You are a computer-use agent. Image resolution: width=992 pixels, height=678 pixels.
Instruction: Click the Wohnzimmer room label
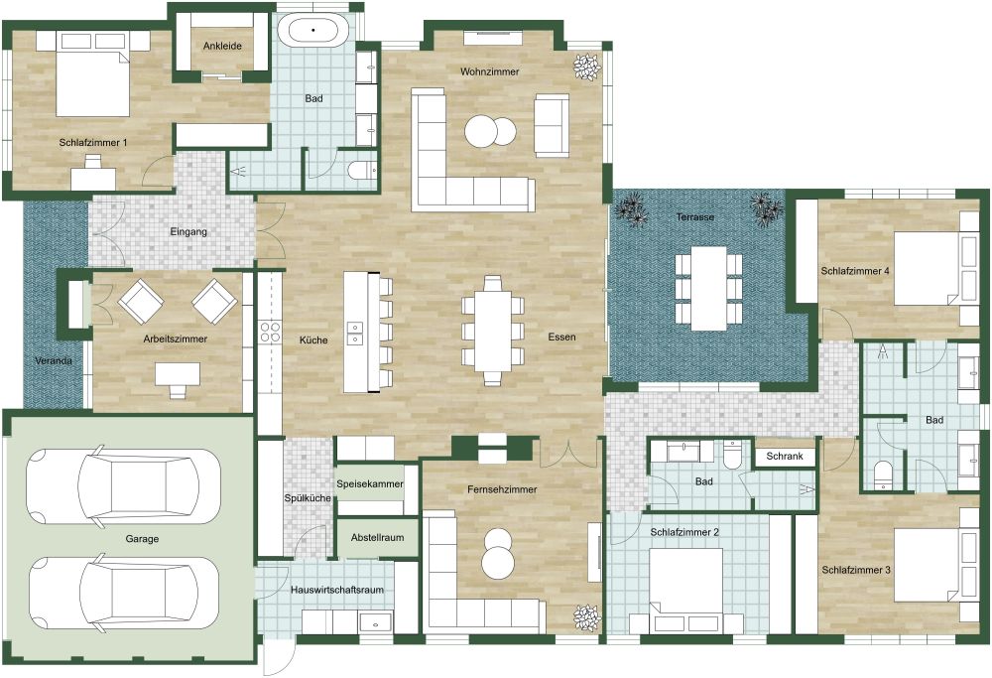(x=489, y=71)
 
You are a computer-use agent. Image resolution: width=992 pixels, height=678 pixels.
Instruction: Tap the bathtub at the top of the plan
(x=313, y=30)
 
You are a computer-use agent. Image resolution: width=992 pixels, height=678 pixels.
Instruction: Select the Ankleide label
(x=222, y=46)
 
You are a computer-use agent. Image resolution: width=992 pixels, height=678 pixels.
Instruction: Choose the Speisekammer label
(x=370, y=483)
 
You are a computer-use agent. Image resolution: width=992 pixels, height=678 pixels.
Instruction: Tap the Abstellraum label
(x=376, y=537)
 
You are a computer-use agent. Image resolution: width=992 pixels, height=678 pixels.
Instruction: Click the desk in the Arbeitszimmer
(x=178, y=375)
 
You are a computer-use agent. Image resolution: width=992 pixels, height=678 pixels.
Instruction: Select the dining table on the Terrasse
(x=708, y=288)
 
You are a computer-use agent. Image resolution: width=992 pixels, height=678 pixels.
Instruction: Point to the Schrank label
(x=785, y=458)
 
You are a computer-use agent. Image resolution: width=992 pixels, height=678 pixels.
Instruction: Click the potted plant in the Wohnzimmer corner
(x=587, y=67)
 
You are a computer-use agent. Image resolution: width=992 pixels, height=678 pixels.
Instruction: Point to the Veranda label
(x=54, y=360)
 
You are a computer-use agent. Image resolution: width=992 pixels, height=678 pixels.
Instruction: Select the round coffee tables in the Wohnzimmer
(x=491, y=131)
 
